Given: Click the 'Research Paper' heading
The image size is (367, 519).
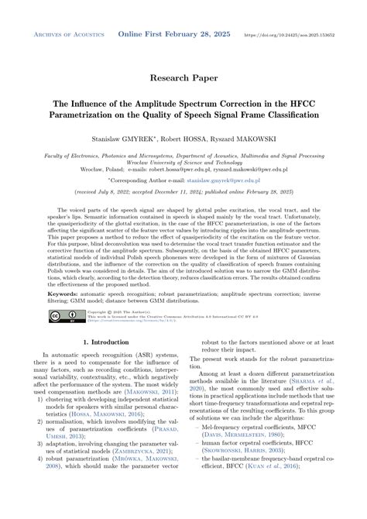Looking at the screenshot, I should [183, 78].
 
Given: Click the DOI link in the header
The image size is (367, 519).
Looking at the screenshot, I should [300, 36].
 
